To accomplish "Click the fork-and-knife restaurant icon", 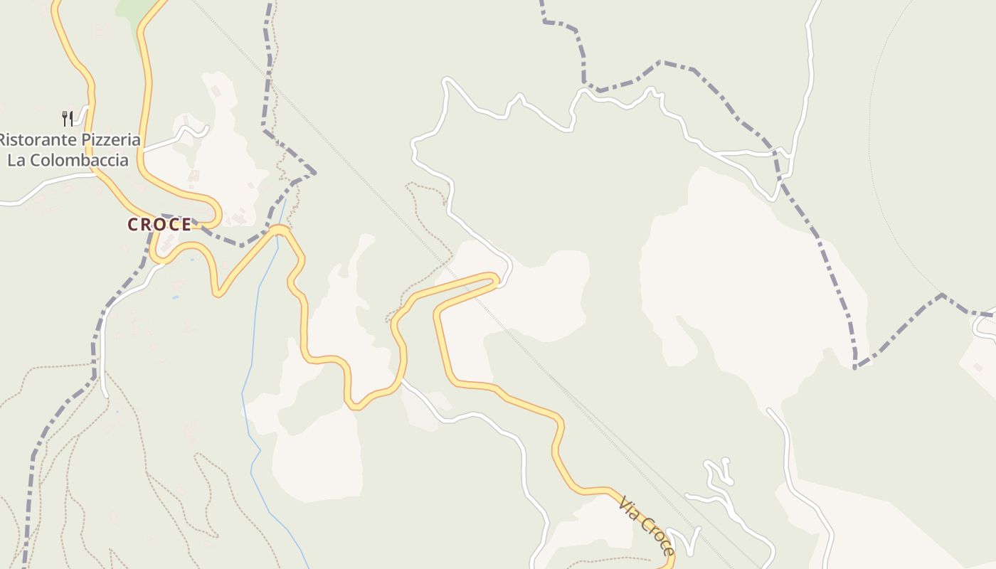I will click(67, 118).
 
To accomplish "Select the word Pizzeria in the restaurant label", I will click(110, 139).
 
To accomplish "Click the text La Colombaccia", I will click(68, 160).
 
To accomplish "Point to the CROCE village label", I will click(159, 225).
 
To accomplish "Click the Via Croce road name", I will click(646, 526).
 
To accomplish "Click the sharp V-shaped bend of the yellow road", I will click(218, 292).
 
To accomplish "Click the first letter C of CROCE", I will click(133, 225).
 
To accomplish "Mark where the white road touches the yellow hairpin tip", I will click(502, 284).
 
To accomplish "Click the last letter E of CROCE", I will click(186, 225).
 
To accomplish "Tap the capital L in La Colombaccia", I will click(12, 160).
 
